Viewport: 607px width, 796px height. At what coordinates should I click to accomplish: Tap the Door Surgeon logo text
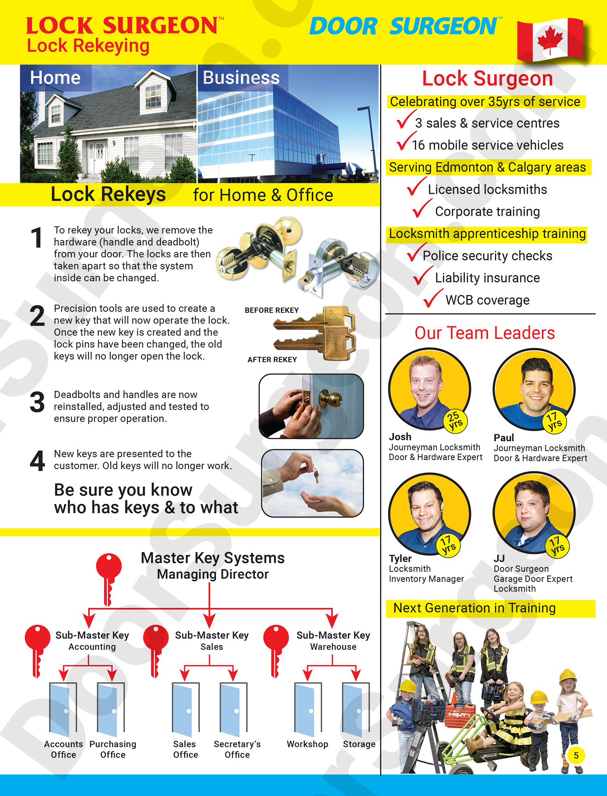coord(405,27)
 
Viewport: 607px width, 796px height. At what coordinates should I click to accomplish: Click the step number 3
coord(37,403)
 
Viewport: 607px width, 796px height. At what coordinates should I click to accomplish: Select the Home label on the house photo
coord(55,78)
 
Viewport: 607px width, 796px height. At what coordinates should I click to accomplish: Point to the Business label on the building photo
coord(241,78)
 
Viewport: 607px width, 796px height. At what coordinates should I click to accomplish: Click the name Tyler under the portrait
coord(400,558)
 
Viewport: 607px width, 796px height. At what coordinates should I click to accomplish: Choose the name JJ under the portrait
coord(499,558)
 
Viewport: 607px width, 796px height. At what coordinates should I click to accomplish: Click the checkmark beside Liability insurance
coord(422,276)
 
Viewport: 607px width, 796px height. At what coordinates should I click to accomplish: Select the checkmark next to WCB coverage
coord(433,298)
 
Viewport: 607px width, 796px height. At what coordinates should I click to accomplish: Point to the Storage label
coord(359,744)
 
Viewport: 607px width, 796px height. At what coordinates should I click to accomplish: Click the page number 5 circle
coord(576,756)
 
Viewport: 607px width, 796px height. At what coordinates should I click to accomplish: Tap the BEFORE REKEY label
coord(272,310)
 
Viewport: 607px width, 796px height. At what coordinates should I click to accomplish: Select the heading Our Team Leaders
coord(485,333)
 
